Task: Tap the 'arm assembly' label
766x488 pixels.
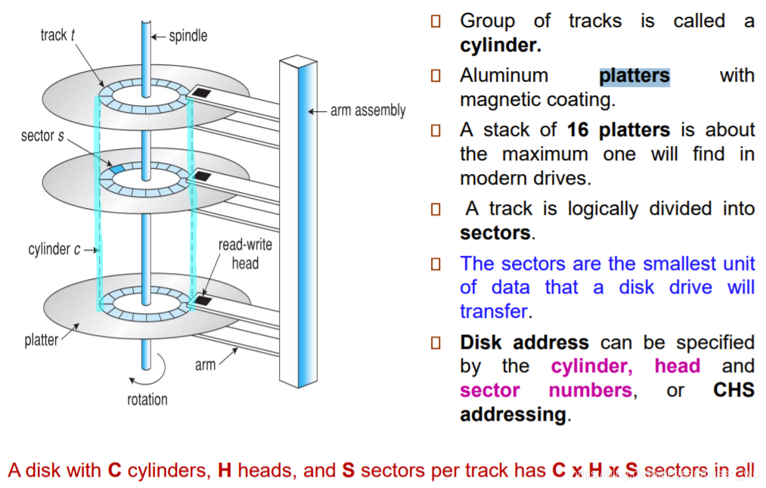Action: point(367,110)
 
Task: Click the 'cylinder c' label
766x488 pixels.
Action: point(49,249)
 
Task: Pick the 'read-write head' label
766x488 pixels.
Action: point(244,254)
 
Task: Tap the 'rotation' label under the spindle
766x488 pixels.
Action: point(147,399)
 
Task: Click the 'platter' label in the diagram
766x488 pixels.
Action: point(41,340)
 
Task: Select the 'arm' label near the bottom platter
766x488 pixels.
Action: point(205,365)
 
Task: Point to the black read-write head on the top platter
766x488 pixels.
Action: point(201,93)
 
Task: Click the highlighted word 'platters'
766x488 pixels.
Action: point(634,76)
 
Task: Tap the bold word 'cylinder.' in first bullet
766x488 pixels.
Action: point(501,45)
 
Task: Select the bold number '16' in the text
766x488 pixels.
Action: point(578,130)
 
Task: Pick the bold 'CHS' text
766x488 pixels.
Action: point(733,390)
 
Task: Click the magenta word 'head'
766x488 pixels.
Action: point(677,366)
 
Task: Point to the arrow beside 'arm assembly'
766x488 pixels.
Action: point(317,111)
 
